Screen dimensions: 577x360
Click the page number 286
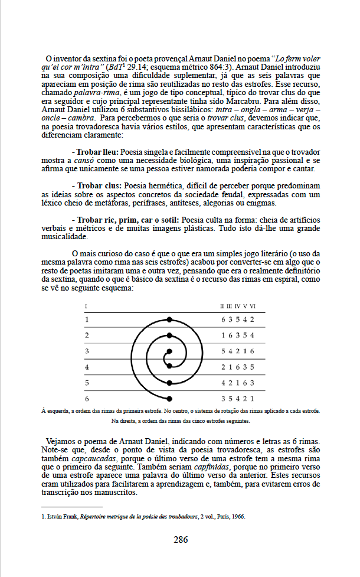tap(180, 539)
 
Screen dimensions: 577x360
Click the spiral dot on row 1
tap(170, 320)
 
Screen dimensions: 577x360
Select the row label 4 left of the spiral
tap(87, 367)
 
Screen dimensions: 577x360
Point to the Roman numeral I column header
tap(86, 306)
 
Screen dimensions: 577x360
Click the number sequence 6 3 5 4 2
tap(237, 320)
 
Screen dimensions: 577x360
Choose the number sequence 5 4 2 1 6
tap(237, 351)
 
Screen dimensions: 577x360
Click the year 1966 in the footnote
tap(236, 516)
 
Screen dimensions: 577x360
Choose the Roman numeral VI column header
tap(252, 306)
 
